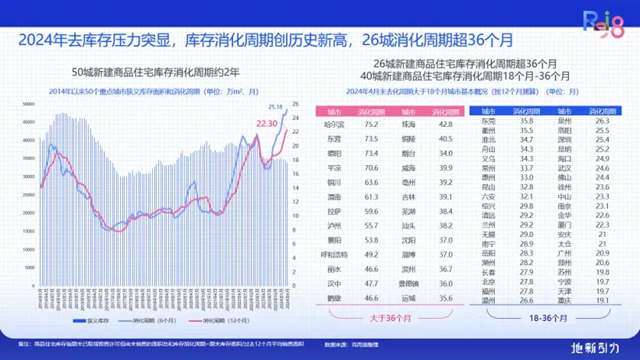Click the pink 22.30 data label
click(267, 123)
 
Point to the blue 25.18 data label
click(275, 107)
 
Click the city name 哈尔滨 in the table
click(334, 125)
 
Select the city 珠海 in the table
click(408, 125)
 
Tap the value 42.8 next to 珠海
click(445, 125)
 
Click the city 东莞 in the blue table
click(489, 121)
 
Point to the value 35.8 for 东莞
click(526, 121)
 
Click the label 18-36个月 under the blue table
click(546, 318)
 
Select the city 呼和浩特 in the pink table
click(334, 254)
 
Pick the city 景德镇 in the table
click(408, 284)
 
